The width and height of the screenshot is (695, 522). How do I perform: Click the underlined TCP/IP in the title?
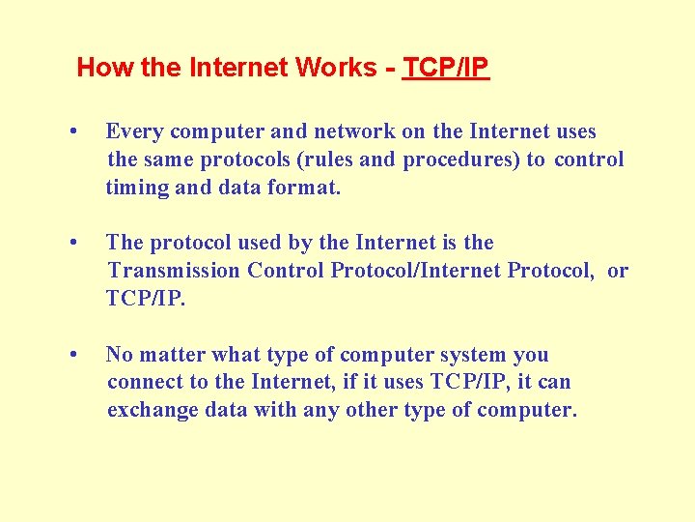(x=446, y=68)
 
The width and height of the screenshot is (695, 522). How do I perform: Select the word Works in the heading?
(x=337, y=68)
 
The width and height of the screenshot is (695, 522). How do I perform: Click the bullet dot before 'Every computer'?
(x=74, y=131)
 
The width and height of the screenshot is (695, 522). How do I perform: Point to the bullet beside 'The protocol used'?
(x=74, y=243)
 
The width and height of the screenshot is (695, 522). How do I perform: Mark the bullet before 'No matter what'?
(x=74, y=355)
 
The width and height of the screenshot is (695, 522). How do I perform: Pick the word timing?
(x=136, y=188)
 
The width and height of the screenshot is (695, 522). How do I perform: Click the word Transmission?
(x=174, y=271)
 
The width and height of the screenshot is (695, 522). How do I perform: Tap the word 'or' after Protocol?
(x=618, y=271)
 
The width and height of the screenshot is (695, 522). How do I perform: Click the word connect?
(x=141, y=383)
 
